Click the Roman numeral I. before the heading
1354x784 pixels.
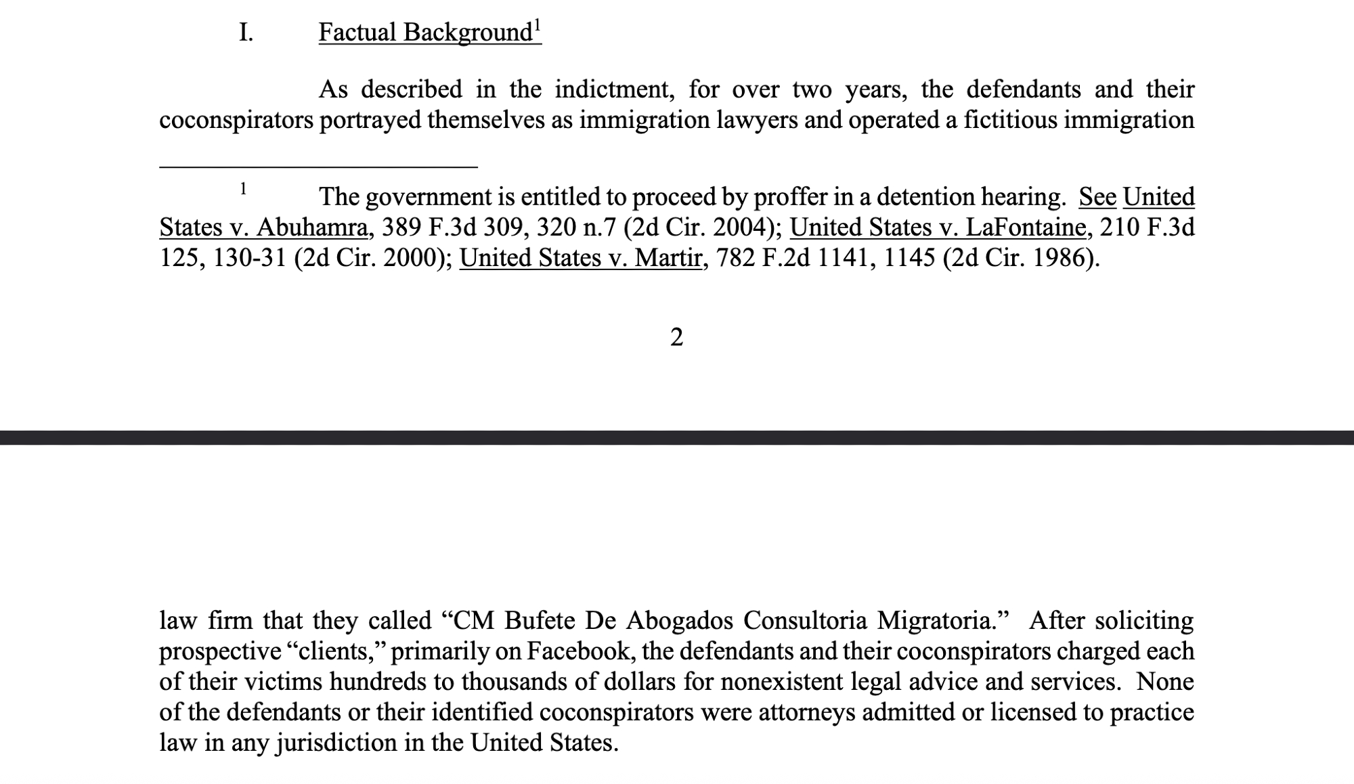[x=246, y=32]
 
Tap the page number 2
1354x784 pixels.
[x=676, y=337]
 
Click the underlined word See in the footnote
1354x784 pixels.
[x=1097, y=197]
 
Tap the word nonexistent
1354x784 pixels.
[x=768, y=682]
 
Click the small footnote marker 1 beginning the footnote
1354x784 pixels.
[x=243, y=189]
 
